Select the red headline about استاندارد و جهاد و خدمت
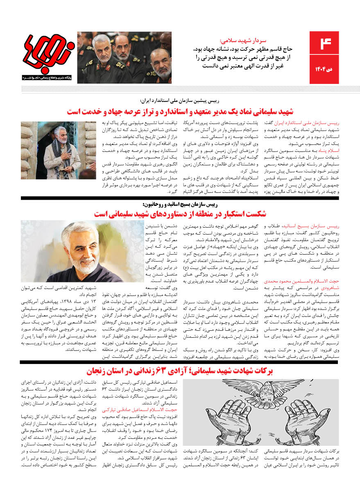180,111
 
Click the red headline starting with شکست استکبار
180,214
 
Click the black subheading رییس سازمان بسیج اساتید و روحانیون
180,204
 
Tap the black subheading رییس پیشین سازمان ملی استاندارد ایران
180,101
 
